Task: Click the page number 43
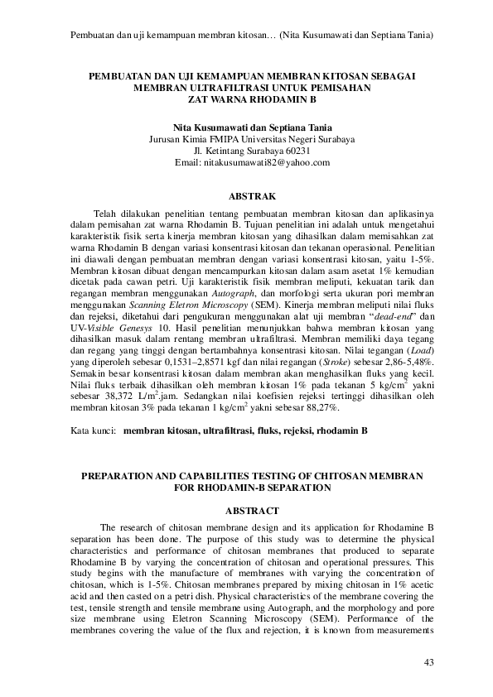pos(428,661)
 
